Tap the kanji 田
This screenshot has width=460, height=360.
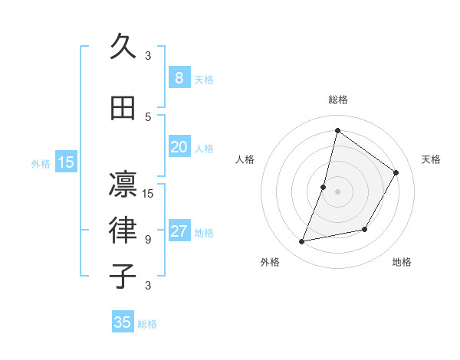click(123, 109)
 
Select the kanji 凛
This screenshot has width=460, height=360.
click(123, 184)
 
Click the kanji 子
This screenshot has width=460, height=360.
click(123, 276)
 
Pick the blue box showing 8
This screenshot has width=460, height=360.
click(179, 77)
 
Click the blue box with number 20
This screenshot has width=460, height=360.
click(179, 147)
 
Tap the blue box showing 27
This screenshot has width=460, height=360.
click(179, 231)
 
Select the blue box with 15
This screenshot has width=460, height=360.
click(66, 162)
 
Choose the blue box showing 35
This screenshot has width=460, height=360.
click(123, 322)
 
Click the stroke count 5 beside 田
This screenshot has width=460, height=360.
click(148, 116)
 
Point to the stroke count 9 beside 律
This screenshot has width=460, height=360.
click(148, 239)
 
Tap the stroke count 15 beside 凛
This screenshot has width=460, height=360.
click(148, 193)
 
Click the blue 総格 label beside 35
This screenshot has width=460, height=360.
click(147, 324)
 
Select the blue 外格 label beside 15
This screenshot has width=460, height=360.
click(41, 163)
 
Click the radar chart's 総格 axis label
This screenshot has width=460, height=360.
click(338, 100)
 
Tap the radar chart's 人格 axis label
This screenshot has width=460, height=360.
click(245, 159)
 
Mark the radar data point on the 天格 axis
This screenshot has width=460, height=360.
click(396, 172)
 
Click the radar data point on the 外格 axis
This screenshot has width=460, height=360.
click(302, 241)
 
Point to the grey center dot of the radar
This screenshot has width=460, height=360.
click(337, 191)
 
